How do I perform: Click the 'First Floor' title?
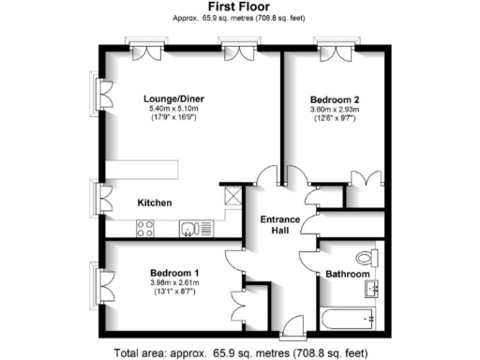[x=239, y=7]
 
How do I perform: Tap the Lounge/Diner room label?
[x=174, y=99]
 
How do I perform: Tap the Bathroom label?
[x=346, y=274]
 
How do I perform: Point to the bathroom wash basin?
[x=372, y=288]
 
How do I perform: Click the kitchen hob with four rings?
[x=145, y=226]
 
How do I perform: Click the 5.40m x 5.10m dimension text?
[x=174, y=111]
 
